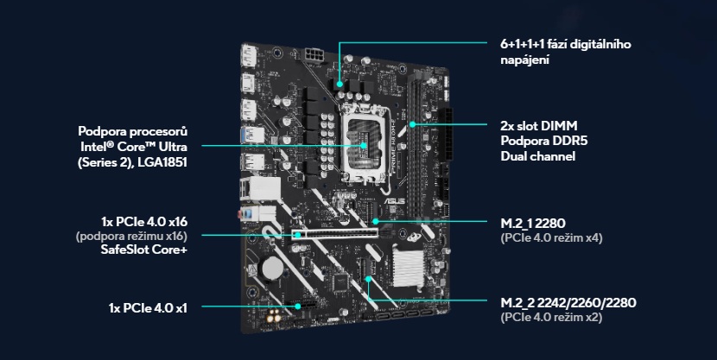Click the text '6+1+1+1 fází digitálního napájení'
[x=567, y=51]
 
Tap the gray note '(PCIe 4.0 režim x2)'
[x=550, y=318]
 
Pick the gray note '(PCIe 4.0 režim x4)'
[x=550, y=237]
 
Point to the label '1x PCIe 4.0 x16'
[x=144, y=220]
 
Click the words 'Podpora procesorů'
[x=132, y=131]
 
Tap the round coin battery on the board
[x=274, y=268]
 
